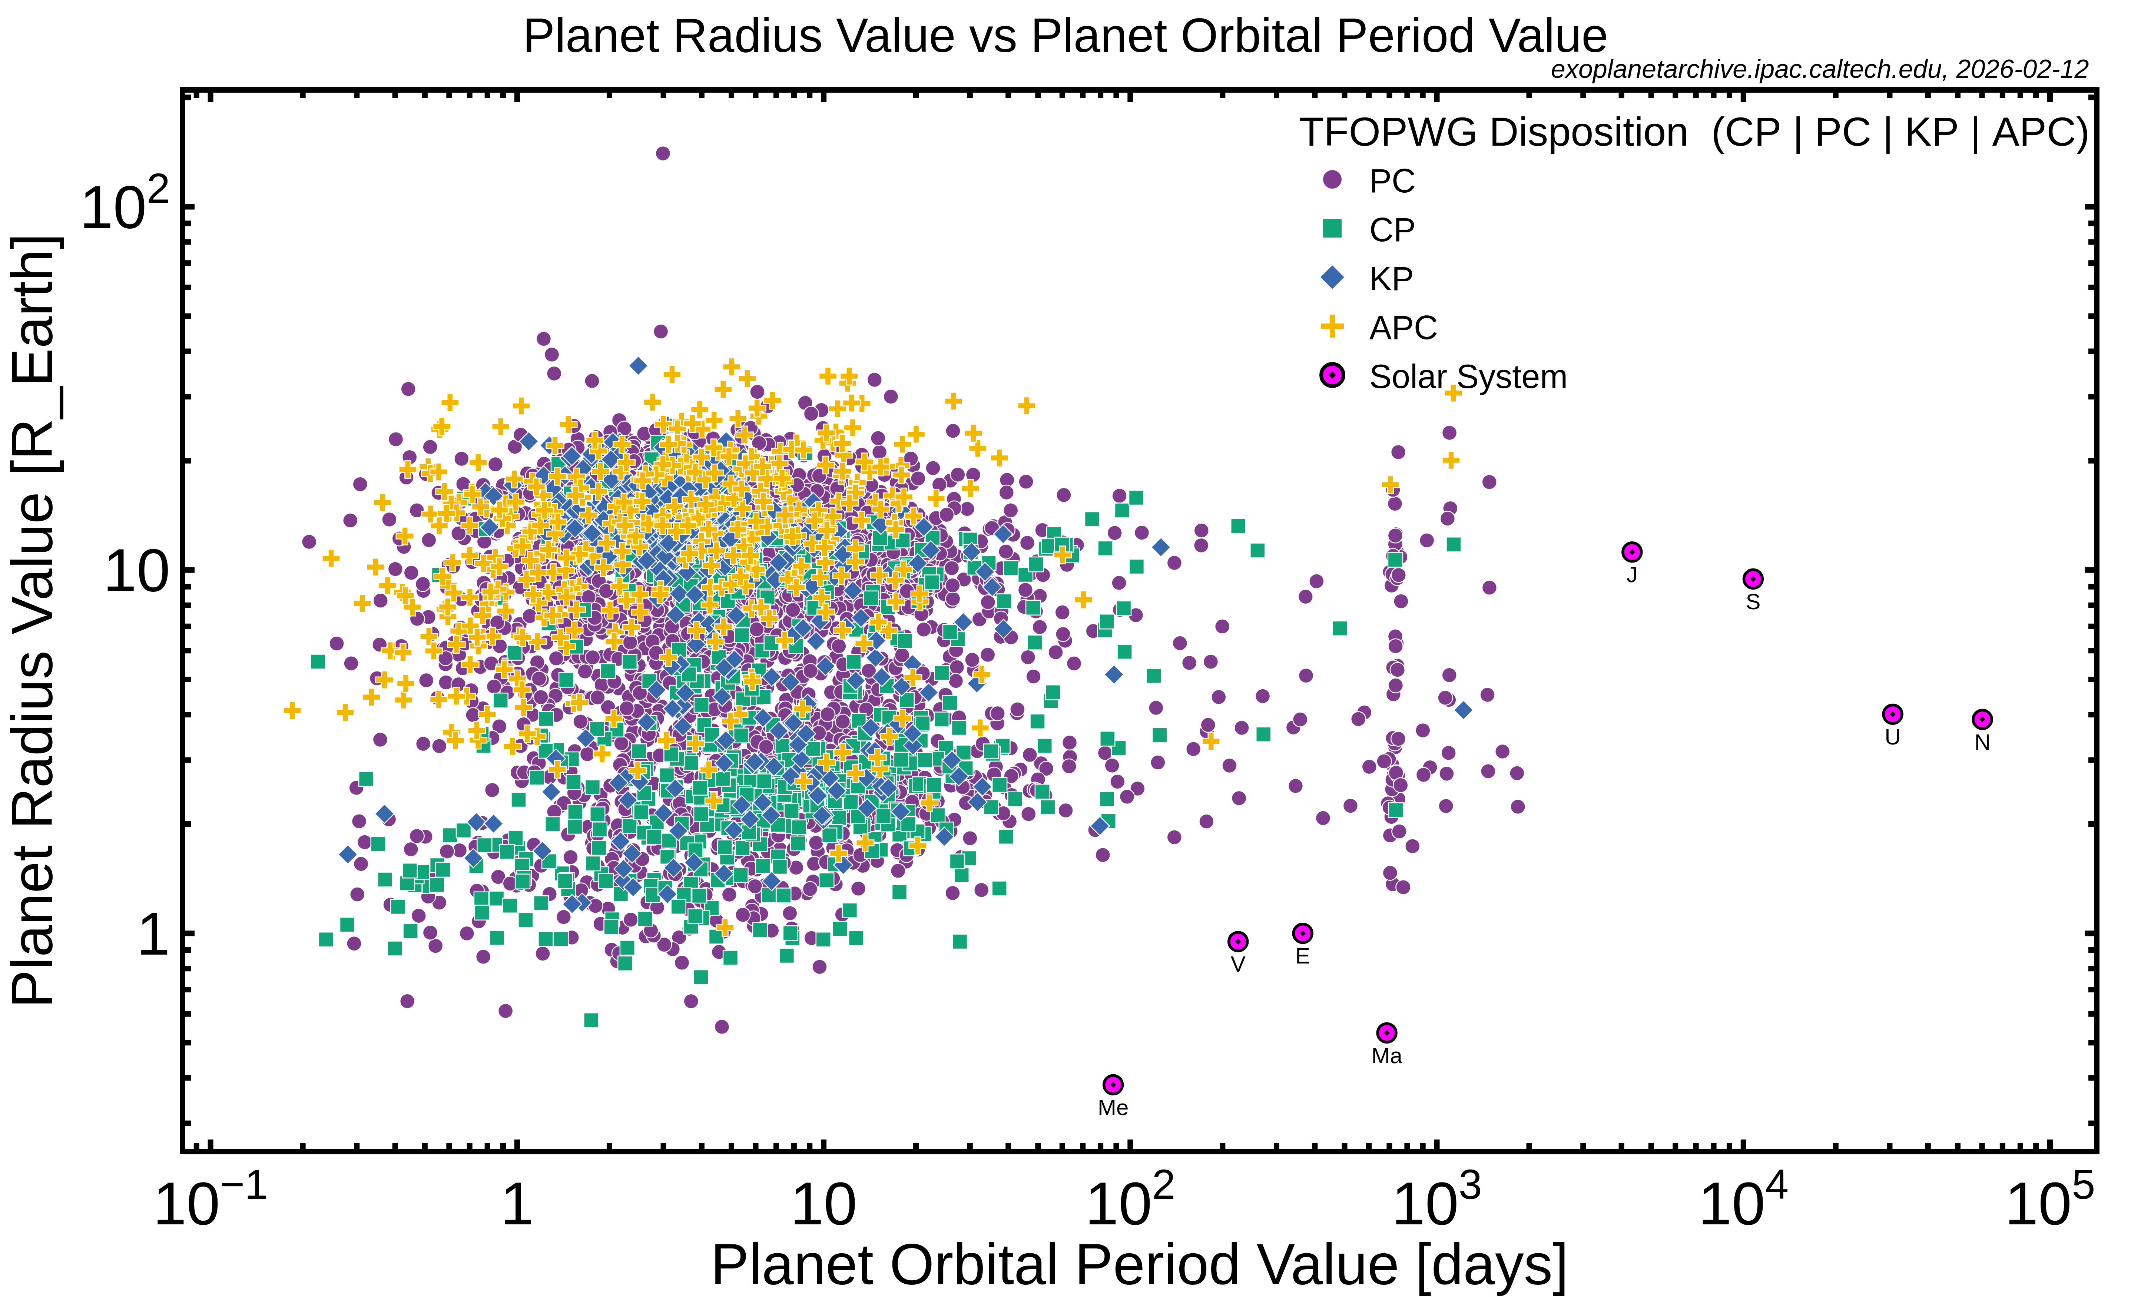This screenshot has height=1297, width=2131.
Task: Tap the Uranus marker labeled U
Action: tap(1892, 714)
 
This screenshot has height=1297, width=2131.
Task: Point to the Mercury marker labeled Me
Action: tap(1113, 1084)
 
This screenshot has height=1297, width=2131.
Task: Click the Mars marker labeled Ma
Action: tap(1386, 1032)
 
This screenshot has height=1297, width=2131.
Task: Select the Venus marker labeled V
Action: tap(1237, 941)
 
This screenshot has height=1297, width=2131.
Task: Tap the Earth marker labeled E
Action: tap(1302, 933)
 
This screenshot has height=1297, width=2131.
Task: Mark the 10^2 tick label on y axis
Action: tap(124, 206)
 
